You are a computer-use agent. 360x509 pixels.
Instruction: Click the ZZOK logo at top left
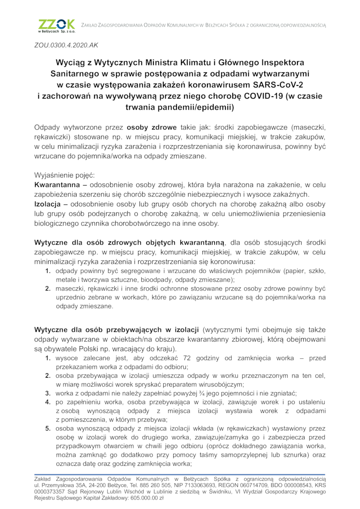click(56, 26)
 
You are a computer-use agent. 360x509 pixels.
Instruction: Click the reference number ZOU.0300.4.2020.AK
click(66, 45)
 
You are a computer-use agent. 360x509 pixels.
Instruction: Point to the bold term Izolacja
click(48, 204)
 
